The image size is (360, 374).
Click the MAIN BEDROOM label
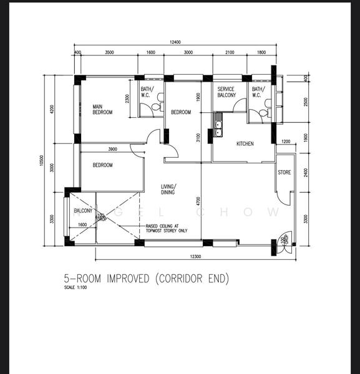tap(102, 109)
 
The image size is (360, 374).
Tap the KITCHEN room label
tap(245, 144)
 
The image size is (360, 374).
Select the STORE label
tap(285, 173)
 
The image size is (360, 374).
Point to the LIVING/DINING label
tap(168, 189)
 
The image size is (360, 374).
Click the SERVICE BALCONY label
tap(226, 93)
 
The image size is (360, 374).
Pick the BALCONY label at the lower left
tap(83, 211)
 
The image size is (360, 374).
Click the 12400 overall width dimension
tap(175, 42)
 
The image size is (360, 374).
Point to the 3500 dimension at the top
tap(109, 53)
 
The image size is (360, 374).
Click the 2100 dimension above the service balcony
tap(229, 53)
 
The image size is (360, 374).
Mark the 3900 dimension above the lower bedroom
tap(113, 149)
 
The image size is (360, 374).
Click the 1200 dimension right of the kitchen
tap(286, 141)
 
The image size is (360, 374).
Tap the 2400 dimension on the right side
tap(305, 172)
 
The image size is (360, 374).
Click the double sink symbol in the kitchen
tap(218, 128)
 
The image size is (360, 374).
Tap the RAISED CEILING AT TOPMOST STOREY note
tap(166, 228)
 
